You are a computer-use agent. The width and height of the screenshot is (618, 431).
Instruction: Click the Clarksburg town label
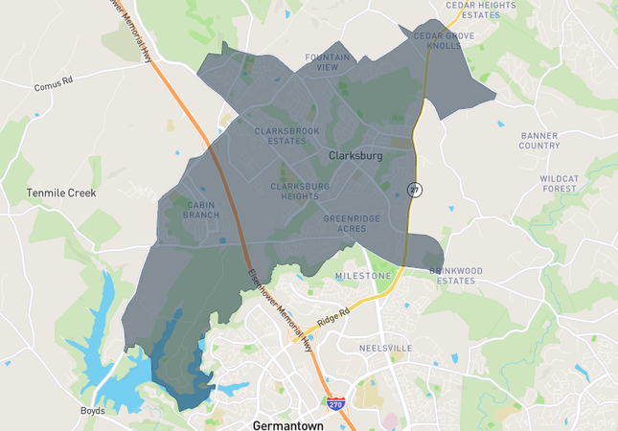coord(355,155)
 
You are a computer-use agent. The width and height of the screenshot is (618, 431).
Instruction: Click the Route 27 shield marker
coord(414,189)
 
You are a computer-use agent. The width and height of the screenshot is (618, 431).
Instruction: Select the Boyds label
coord(93,411)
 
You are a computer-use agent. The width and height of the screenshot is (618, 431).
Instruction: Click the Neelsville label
coord(384,348)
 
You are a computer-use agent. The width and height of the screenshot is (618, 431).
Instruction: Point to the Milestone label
coord(363,276)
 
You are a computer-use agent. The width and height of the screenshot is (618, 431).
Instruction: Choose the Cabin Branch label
coord(202,210)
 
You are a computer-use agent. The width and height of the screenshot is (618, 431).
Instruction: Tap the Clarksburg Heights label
coord(300,191)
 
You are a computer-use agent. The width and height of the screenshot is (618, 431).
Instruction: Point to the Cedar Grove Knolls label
coord(444,40)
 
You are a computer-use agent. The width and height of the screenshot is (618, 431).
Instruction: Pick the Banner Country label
coord(539,141)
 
